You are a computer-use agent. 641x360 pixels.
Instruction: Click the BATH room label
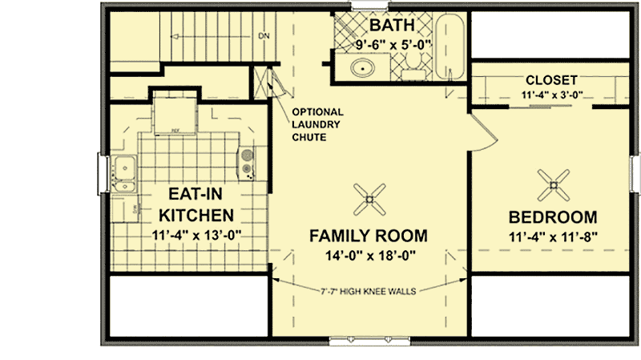tap(392, 26)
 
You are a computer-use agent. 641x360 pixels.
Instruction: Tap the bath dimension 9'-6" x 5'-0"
tap(393, 45)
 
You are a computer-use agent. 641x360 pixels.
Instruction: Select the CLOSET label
tap(551, 80)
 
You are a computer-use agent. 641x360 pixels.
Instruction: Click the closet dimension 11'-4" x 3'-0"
tap(551, 95)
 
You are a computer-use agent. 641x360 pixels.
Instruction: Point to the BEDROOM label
tap(553, 216)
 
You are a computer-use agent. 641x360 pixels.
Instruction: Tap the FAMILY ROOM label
tap(369, 236)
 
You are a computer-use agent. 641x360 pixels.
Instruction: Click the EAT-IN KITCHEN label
tap(196, 204)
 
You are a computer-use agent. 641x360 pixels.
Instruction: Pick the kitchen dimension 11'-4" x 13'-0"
tap(196, 236)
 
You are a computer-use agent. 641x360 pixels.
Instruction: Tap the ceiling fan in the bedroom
tap(553, 186)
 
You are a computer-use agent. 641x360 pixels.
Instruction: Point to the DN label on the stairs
tap(264, 36)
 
